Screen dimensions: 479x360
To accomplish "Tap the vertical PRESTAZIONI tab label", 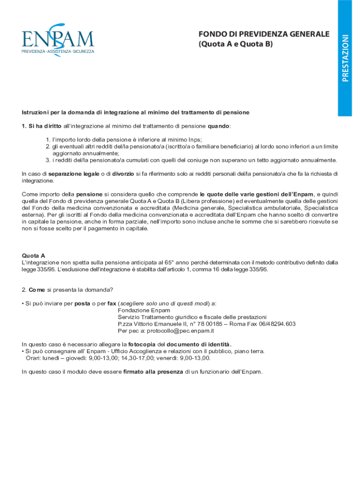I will click(345, 58).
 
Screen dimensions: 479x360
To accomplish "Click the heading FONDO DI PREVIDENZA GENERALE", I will click(264, 34).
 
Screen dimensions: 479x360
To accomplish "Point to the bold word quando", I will click(218, 126).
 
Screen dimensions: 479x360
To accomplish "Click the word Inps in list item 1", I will click(195, 139).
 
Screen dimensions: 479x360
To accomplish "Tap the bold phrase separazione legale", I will click(73, 174).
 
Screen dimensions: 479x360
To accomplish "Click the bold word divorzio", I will click(122, 174).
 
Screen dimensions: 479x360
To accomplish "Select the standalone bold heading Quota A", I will click(33, 255).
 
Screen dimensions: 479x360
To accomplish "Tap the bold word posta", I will click(82, 303).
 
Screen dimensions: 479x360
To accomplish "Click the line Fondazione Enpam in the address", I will click(144, 310).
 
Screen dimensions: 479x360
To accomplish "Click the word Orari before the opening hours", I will click(33, 358).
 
